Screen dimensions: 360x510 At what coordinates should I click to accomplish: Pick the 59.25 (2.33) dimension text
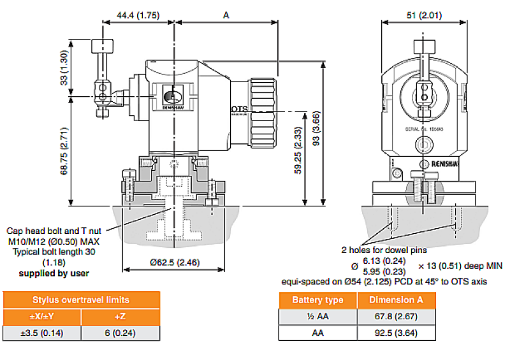[298, 150]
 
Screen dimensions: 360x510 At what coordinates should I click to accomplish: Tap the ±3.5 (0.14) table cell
[43, 333]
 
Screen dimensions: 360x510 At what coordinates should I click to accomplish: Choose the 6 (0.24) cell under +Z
[121, 333]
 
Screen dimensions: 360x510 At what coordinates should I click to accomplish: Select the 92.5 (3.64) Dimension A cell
[396, 333]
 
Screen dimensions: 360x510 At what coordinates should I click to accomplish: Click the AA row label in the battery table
[317, 333]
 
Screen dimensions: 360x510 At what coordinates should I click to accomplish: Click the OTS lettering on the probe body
[239, 110]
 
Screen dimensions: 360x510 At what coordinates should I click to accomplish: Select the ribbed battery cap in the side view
[263, 111]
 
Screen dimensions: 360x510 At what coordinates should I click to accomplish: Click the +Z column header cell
[121, 316]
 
